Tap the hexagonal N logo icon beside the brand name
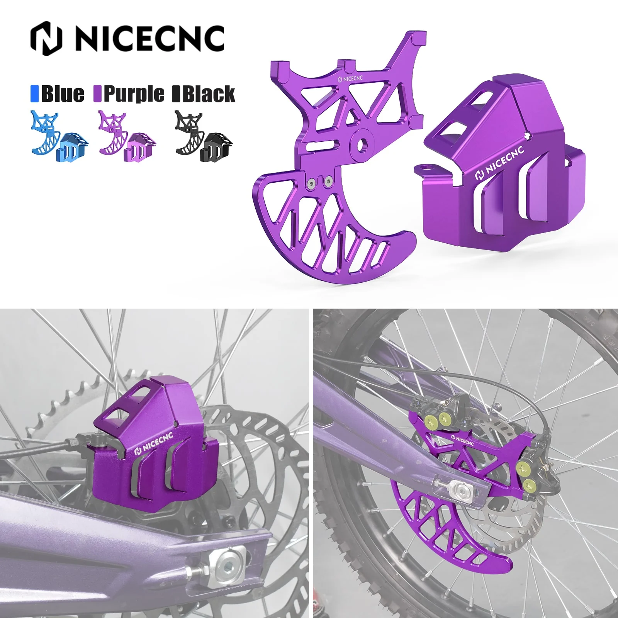[x=46, y=38]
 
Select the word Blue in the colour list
[x=62, y=94]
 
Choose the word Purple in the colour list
[x=134, y=94]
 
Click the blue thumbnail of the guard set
[x=59, y=136]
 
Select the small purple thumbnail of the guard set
[x=127, y=136]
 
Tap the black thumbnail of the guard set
[x=204, y=136]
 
